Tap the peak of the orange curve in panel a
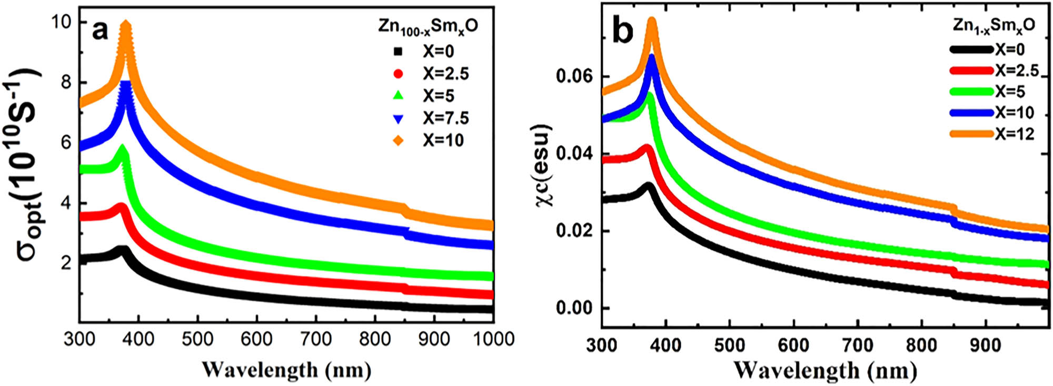tap(126, 24)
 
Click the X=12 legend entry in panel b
tap(1014, 134)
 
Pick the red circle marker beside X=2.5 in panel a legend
tap(399, 74)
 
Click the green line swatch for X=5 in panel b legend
tap(971, 92)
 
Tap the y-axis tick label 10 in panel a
tap(62, 22)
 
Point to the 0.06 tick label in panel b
tap(574, 77)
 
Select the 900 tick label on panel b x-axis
tap(985, 346)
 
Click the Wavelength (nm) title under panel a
tap(286, 370)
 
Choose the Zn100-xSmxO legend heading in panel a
tap(428, 26)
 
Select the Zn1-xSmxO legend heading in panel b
tap(994, 25)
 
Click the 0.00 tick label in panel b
tap(574, 308)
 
